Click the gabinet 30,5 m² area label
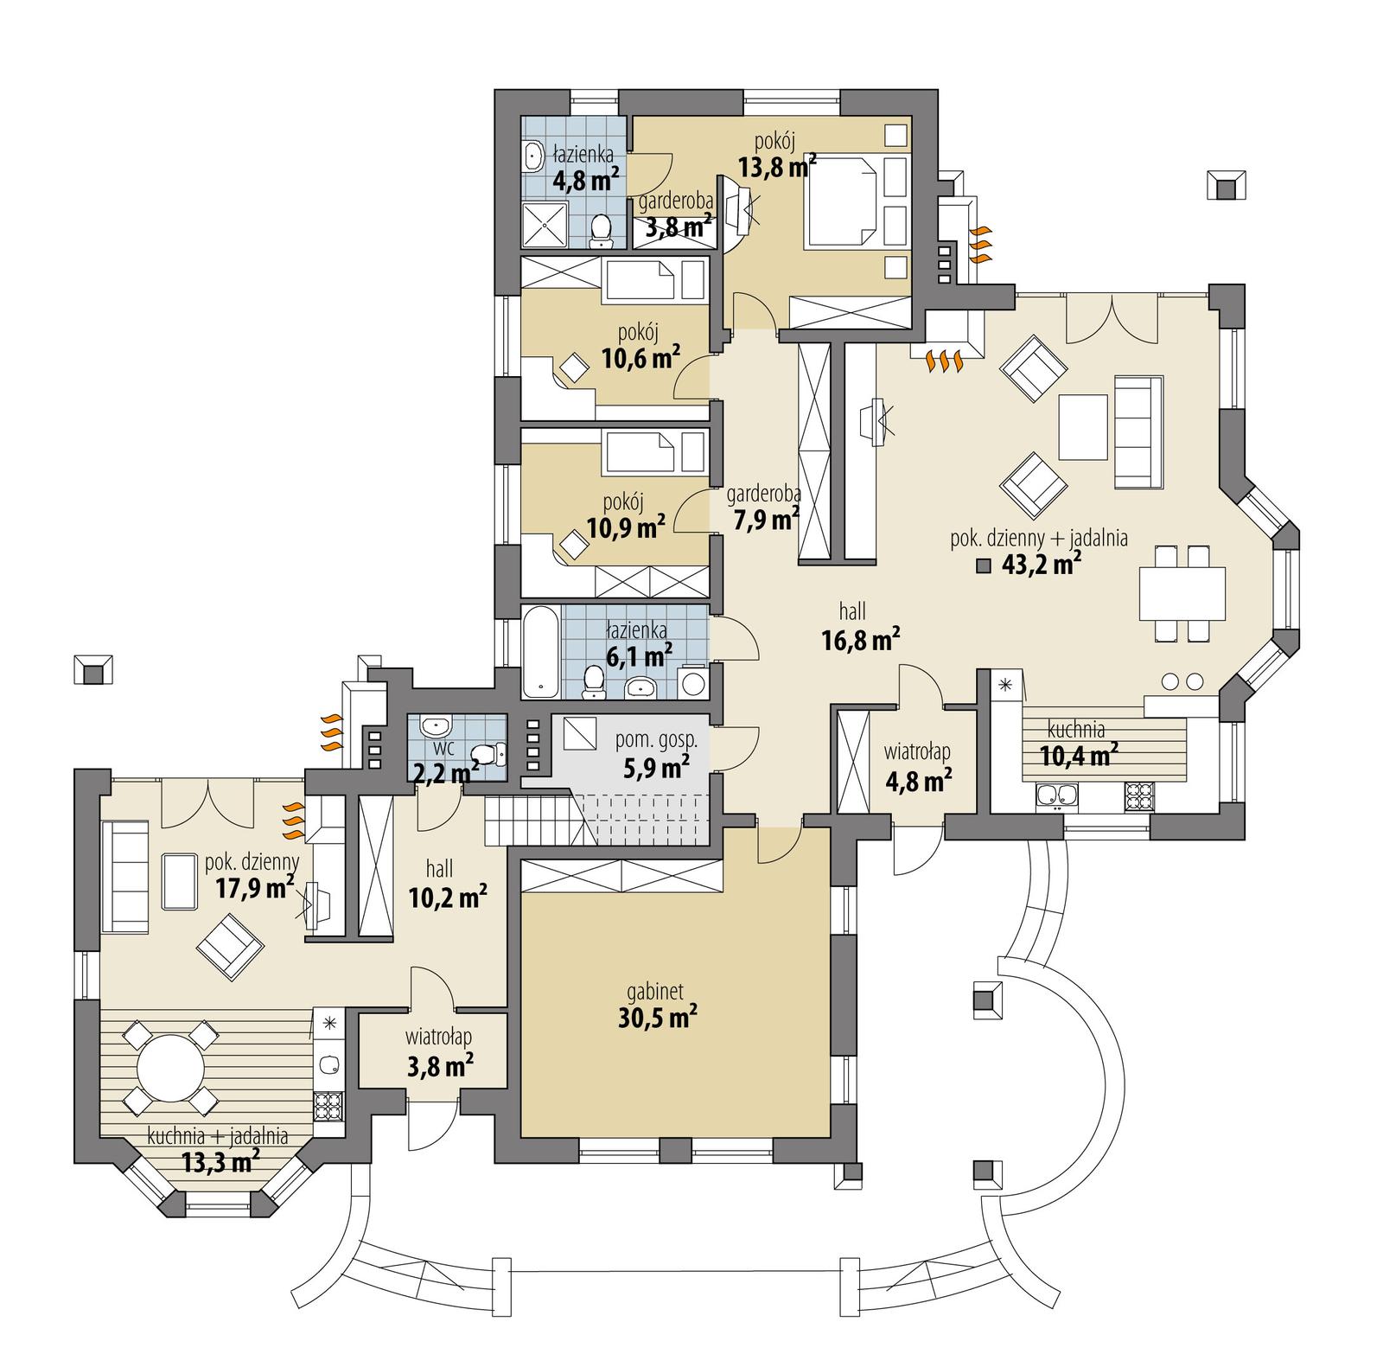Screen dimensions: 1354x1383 pyautogui.click(x=658, y=1006)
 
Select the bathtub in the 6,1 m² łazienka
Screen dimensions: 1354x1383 pyautogui.click(x=541, y=654)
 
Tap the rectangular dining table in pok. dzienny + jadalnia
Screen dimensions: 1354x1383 pyautogui.click(x=1182, y=593)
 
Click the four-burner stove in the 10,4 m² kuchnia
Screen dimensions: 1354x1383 pyautogui.click(x=1140, y=796)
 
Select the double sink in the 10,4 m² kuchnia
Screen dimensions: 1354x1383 pyautogui.click(x=1056, y=796)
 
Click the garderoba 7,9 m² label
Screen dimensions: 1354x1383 pyautogui.click(x=762, y=508)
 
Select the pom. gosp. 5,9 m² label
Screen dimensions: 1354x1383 pyautogui.click(x=656, y=752)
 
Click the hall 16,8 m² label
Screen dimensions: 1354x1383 pyautogui.click(x=858, y=628)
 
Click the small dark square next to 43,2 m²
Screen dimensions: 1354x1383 pyautogui.click(x=983, y=566)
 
